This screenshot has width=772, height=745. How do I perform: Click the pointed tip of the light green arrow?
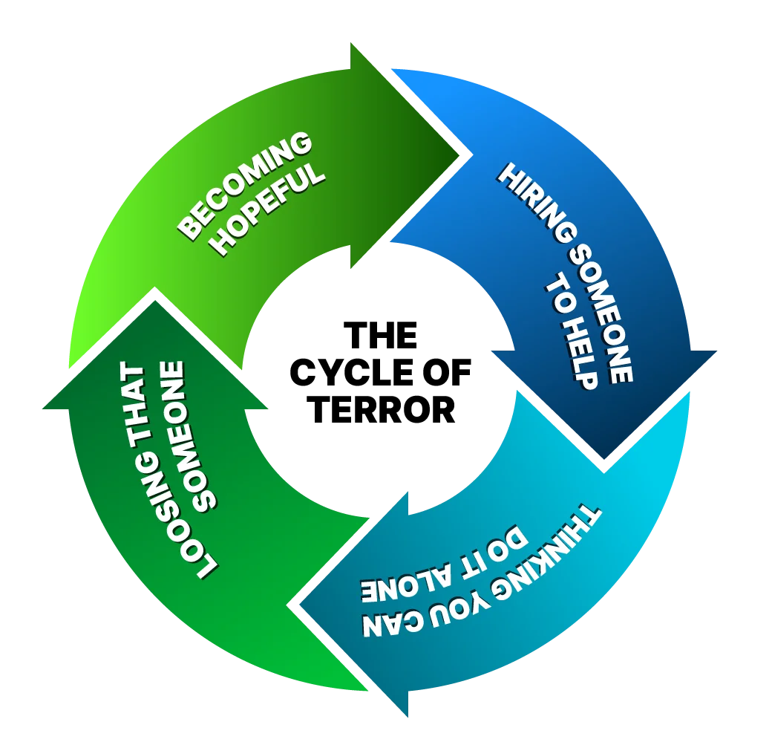[469, 154]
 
